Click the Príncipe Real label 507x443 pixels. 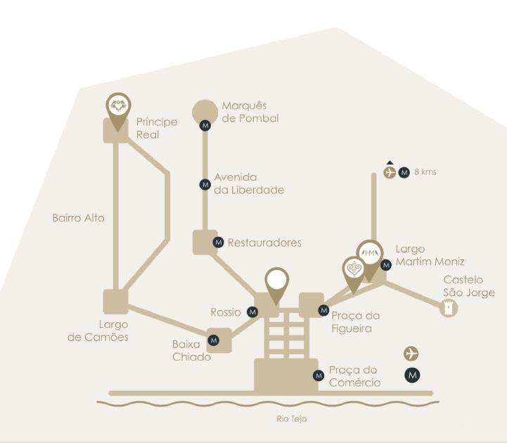coord(156,127)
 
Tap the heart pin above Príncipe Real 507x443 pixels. coord(119,108)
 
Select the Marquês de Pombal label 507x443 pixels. coord(250,112)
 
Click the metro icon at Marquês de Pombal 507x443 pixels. coord(205,126)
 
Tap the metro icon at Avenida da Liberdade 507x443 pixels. coord(205,184)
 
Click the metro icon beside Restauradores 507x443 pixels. coord(218,243)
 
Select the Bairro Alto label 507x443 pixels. coord(78,218)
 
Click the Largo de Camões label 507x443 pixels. coord(98,330)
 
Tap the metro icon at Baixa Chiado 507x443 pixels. coord(214,340)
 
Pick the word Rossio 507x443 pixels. coord(225,312)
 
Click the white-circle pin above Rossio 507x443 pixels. coord(277,281)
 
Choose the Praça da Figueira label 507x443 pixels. coord(355,322)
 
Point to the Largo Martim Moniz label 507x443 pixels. coord(429,255)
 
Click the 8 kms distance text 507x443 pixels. coord(425,172)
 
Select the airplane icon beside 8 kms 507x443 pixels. coord(390,172)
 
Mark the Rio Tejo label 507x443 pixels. coord(291,419)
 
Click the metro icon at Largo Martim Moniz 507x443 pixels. coord(385,265)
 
